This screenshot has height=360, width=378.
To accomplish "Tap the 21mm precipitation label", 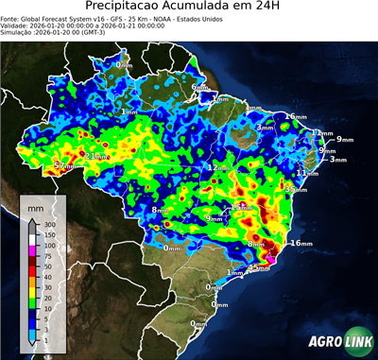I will (95, 155).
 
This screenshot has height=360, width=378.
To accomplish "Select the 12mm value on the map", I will (216, 167).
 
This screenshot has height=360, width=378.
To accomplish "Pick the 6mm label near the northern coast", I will (199, 88).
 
